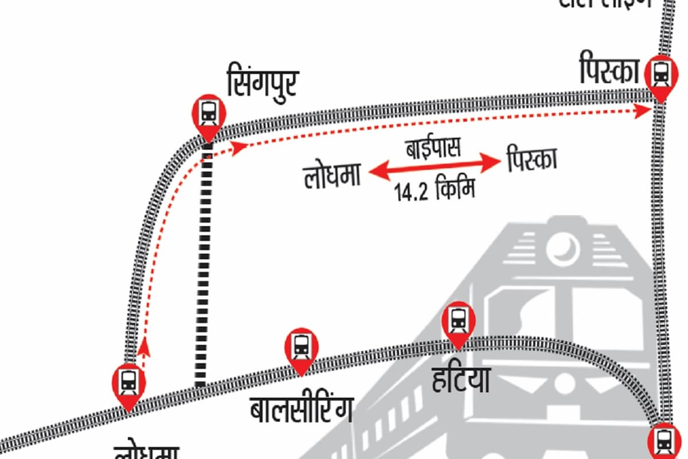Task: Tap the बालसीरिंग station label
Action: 303,410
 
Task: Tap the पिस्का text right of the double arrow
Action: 532,161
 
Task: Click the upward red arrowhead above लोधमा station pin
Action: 144,344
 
